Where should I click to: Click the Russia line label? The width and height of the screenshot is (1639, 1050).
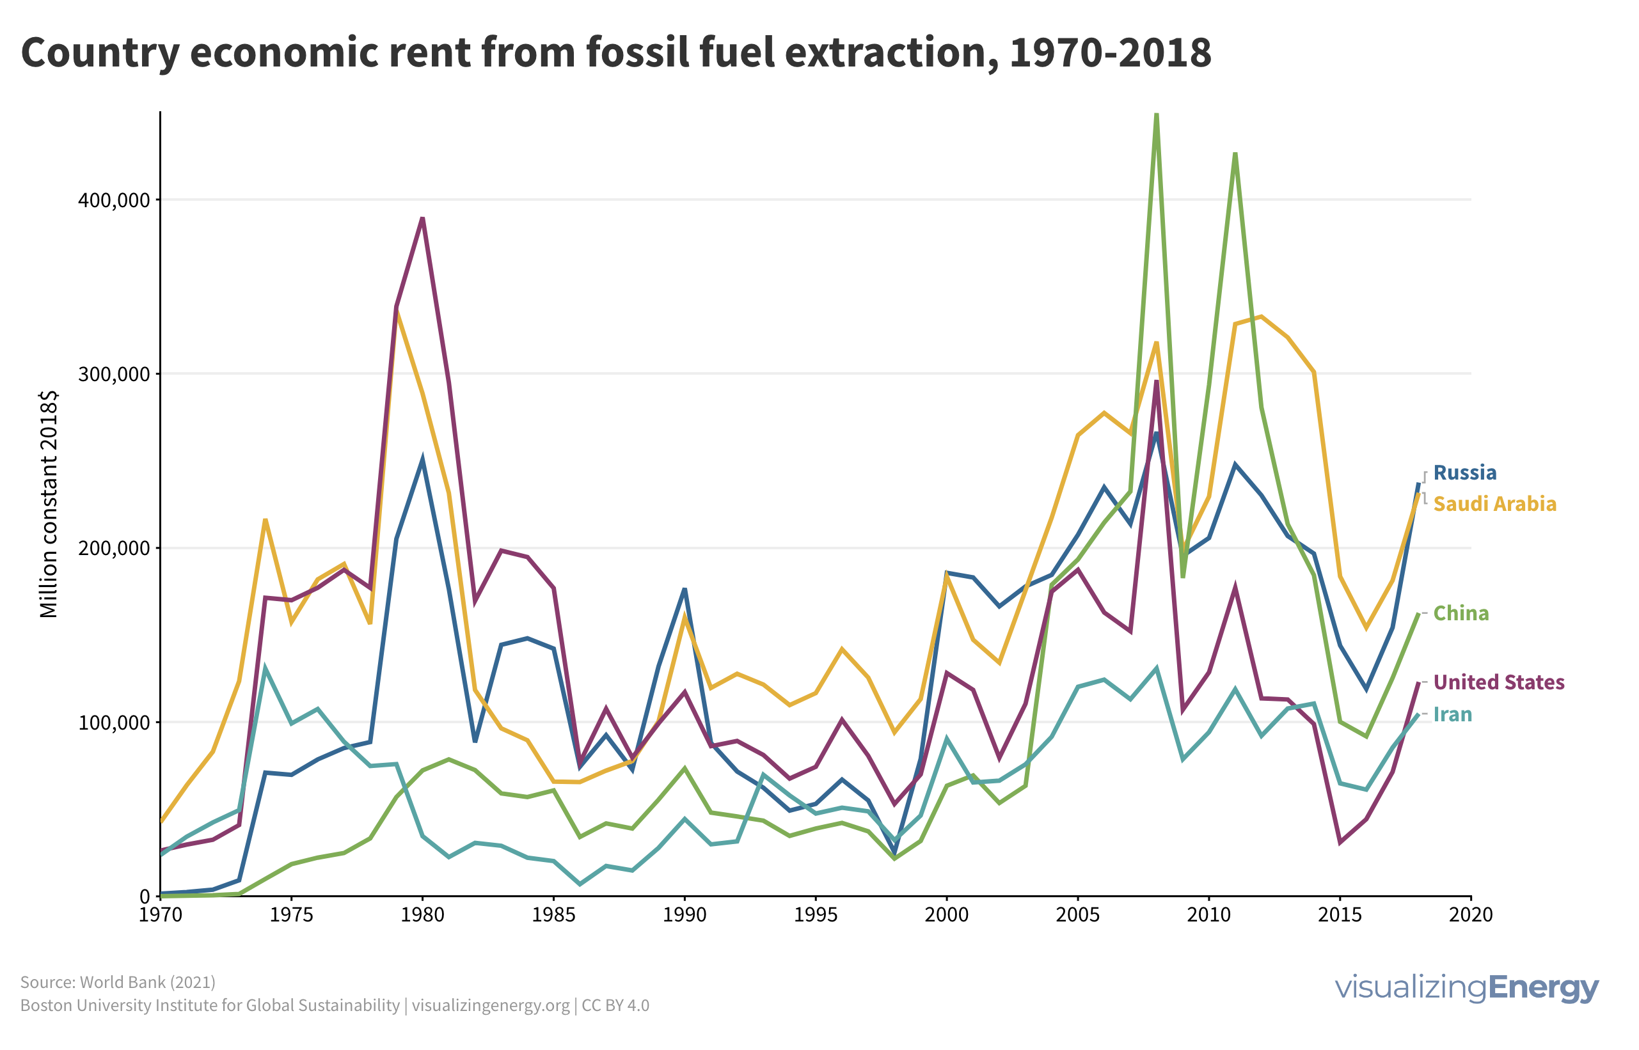pos(1464,473)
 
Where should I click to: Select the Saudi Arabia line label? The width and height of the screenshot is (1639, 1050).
pos(1494,504)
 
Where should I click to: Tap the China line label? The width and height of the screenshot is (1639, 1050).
pos(1461,614)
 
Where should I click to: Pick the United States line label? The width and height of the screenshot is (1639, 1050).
pos(1498,682)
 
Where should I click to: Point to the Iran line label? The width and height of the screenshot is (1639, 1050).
pos(1452,714)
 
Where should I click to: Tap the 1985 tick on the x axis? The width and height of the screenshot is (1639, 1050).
pos(553,915)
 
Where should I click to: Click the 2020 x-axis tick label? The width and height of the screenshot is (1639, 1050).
pos(1471,915)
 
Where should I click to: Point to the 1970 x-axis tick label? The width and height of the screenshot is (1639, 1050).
pos(161,915)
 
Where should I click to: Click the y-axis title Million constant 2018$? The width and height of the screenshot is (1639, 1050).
pos(49,505)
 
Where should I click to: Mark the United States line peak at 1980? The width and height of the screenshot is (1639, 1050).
pos(423,218)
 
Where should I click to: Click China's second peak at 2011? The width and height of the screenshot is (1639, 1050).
pos(1235,154)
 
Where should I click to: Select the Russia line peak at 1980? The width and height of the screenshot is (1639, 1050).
pos(423,459)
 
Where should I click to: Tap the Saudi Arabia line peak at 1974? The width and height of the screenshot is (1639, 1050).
pos(265,521)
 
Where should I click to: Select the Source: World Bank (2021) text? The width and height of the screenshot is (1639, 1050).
pos(118,982)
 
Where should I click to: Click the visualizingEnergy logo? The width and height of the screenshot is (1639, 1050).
pos(1466,987)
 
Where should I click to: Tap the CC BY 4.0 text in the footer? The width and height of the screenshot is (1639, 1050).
pos(615,1006)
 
